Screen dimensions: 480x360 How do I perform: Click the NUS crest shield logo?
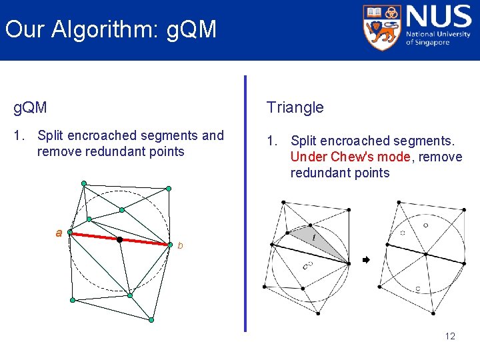381,27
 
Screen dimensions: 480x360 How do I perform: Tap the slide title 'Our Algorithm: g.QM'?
111,29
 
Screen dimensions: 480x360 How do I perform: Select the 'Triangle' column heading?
295,107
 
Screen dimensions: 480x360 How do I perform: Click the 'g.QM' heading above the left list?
31,107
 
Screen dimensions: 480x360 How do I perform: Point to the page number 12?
450,336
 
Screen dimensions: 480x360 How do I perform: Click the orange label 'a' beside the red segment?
59,233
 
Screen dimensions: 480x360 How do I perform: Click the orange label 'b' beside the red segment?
179,246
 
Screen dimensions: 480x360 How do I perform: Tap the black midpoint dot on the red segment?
119,239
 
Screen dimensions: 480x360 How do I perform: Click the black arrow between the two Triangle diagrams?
365,260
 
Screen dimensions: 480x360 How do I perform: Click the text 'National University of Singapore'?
438,39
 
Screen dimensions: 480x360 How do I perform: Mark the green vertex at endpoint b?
171,245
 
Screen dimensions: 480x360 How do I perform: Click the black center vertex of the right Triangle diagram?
425,253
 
